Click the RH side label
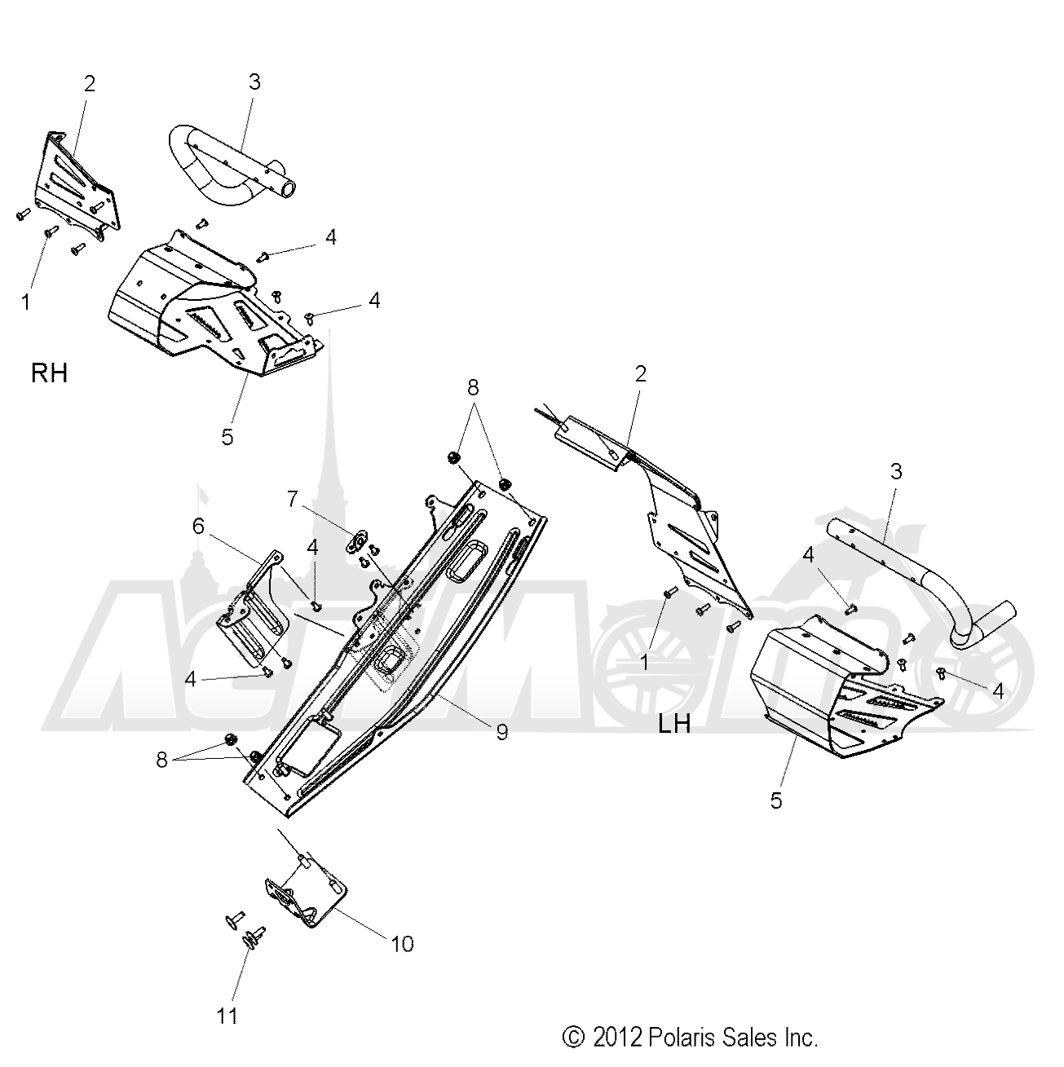click(x=49, y=373)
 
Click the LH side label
click(x=674, y=724)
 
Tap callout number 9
click(x=501, y=733)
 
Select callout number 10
click(x=403, y=944)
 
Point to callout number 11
click(x=227, y=1016)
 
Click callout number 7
click(x=293, y=499)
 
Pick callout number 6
click(x=198, y=526)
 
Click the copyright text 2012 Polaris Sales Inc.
click(x=690, y=1037)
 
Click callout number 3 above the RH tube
click(x=254, y=82)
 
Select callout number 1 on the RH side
click(x=25, y=302)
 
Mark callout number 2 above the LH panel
click(x=641, y=374)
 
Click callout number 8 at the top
click(x=472, y=388)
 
